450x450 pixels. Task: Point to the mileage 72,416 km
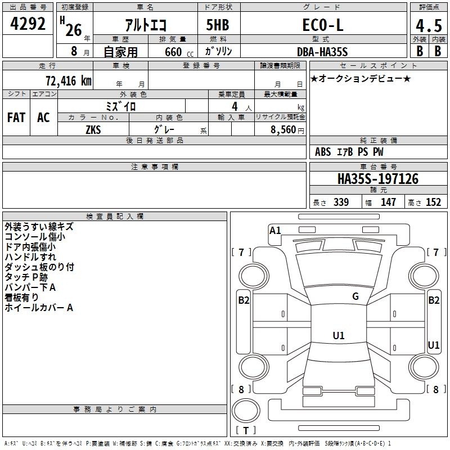(67, 80)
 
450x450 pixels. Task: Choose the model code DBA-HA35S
(322, 52)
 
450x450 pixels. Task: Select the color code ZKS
(93, 129)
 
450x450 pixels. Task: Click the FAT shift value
(16, 118)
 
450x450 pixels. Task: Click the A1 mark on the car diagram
(275, 230)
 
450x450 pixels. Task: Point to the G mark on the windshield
(355, 296)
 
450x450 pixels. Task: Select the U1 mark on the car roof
(339, 336)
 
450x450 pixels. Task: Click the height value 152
(433, 202)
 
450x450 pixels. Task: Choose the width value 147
(388, 202)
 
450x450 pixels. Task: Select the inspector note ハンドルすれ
(30, 257)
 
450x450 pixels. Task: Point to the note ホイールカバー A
(39, 308)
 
